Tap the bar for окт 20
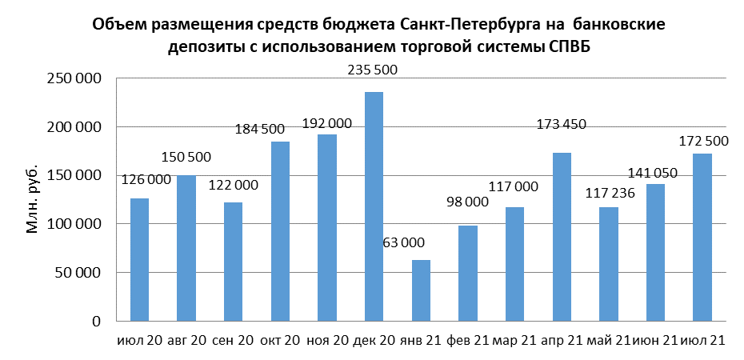click(280, 231)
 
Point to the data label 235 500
click(374, 70)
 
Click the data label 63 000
click(420, 242)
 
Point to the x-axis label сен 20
click(233, 341)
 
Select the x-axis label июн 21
click(655, 341)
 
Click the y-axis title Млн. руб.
click(34, 201)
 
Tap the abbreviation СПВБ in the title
click(575, 47)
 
